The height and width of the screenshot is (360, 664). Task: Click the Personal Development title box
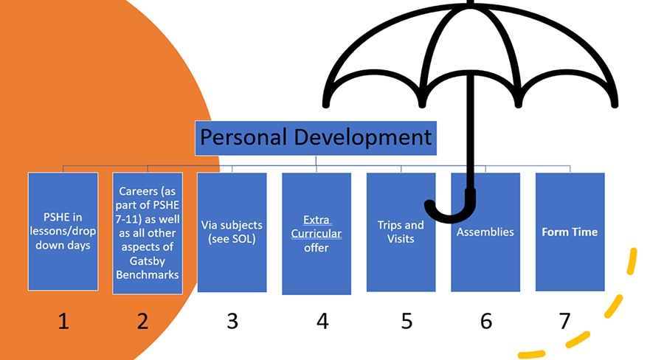(316, 138)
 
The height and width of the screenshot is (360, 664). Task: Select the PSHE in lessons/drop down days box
(63, 231)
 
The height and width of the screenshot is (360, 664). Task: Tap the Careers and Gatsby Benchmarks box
(148, 233)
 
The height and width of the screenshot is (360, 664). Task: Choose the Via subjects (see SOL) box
(232, 232)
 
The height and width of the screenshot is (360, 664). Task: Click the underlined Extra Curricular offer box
(317, 233)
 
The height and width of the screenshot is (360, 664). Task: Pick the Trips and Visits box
(401, 232)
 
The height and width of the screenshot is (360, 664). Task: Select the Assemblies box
(485, 232)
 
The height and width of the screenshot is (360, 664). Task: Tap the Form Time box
(570, 232)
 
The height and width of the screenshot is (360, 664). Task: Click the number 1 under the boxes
(63, 322)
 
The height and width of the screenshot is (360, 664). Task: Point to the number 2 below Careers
(142, 322)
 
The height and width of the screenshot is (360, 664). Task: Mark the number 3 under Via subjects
(232, 322)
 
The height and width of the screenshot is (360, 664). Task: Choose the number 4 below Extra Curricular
(322, 322)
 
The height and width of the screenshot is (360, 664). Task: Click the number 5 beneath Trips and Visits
(407, 322)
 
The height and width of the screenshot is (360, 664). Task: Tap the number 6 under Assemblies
(486, 322)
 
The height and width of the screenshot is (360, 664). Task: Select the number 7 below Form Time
(564, 322)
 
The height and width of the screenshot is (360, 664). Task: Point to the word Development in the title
(362, 138)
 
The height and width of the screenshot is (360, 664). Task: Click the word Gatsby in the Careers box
(148, 261)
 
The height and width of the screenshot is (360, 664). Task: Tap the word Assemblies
(485, 232)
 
